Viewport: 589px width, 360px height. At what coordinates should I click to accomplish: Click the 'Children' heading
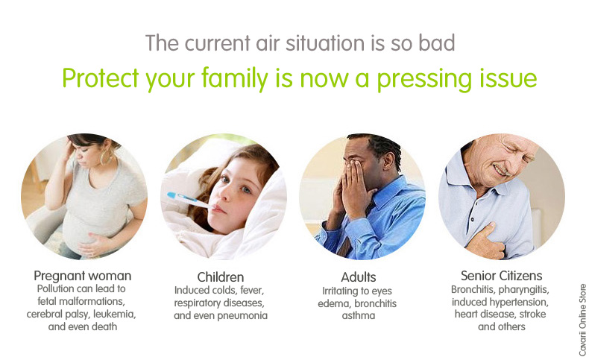pos(221,277)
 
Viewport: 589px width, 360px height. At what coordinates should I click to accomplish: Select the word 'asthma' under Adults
pos(360,315)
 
